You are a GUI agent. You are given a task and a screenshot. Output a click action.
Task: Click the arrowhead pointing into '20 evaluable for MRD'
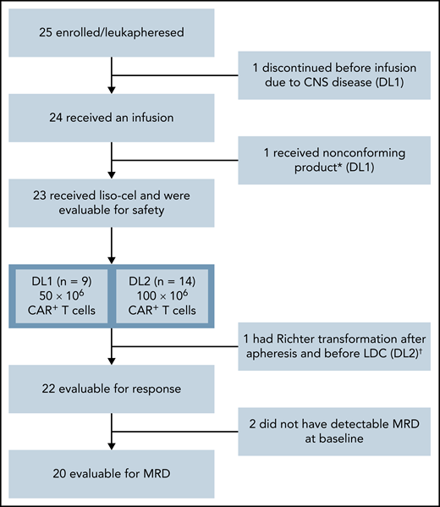112,448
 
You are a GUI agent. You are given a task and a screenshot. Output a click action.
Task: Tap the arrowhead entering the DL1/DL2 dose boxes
112,262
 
